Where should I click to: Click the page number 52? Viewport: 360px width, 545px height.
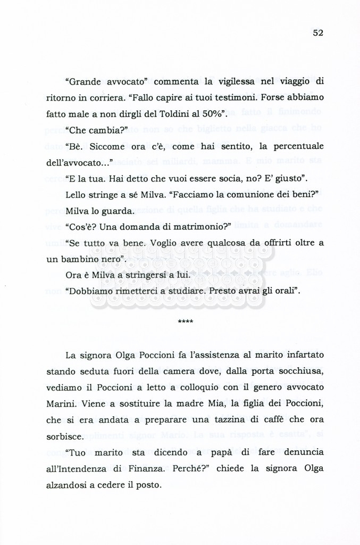click(318, 32)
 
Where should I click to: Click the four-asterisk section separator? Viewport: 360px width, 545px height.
click(186, 323)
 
